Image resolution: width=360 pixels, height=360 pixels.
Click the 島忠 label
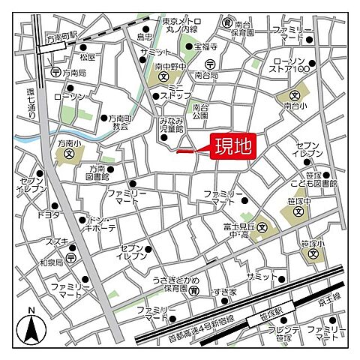click(145, 35)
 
